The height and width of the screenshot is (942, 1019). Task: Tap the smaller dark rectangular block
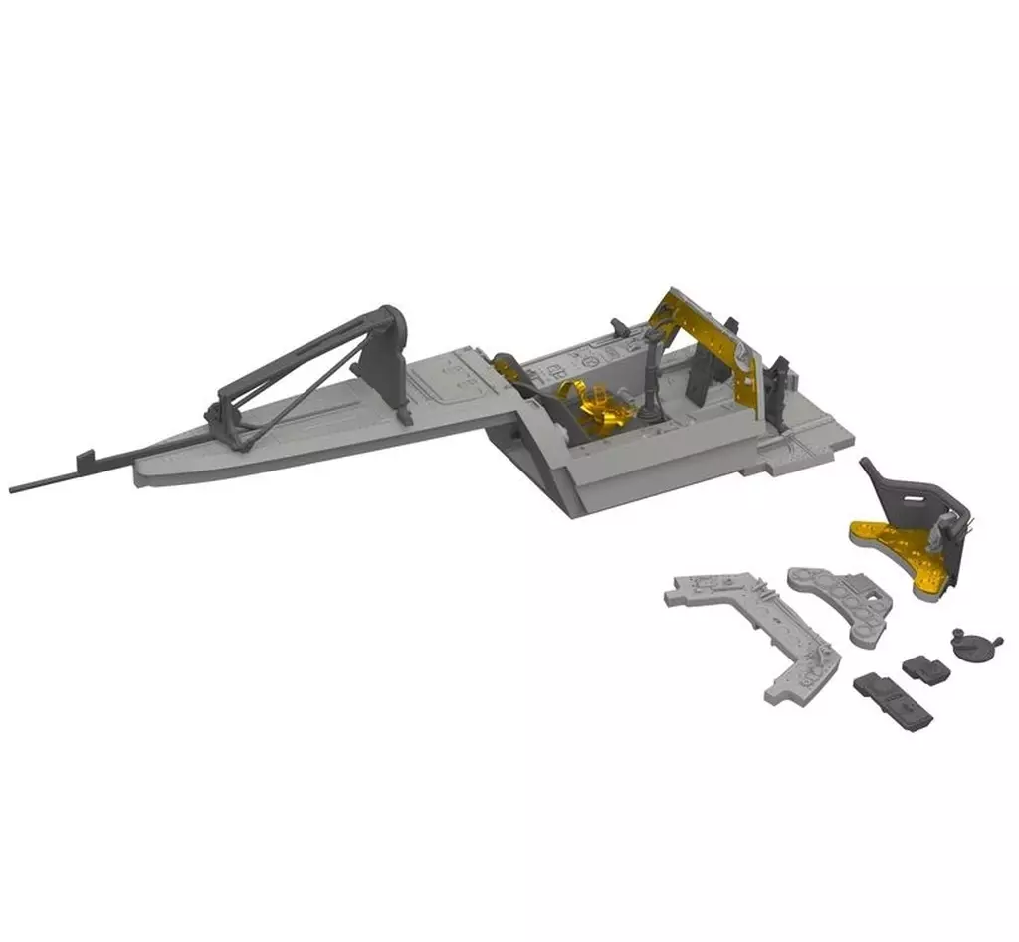[x=924, y=668]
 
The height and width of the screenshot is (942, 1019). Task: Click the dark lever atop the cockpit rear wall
[x=619, y=327]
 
